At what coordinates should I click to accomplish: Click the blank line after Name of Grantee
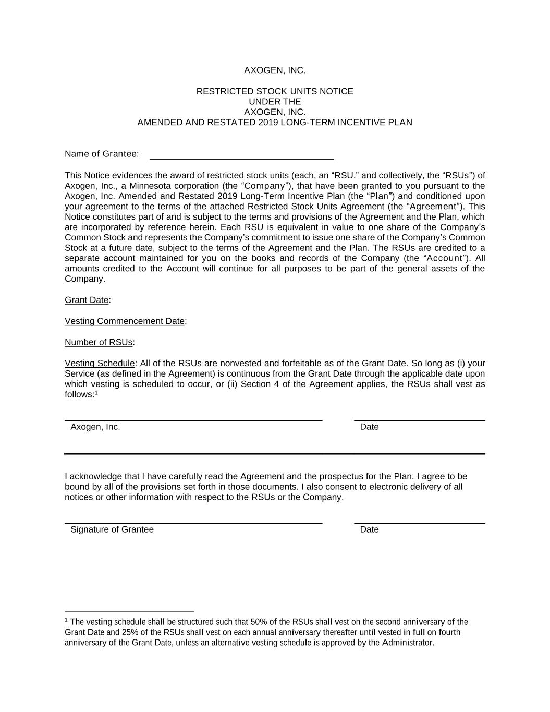pyautogui.click(x=241, y=157)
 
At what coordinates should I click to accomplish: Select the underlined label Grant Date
pyautogui.click(x=87, y=300)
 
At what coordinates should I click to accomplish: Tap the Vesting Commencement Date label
pyautogui.click(x=125, y=321)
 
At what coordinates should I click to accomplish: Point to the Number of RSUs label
pyautogui.click(x=99, y=343)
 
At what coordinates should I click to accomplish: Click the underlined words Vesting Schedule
pyautogui.click(x=100, y=364)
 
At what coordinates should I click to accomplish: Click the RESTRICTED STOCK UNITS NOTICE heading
pyautogui.click(x=275, y=92)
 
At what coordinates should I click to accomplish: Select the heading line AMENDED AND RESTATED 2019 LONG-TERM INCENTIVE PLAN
pyautogui.click(x=275, y=123)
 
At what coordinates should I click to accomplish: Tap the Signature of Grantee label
pyautogui.click(x=112, y=530)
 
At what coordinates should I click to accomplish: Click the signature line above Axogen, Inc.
pyautogui.click(x=193, y=420)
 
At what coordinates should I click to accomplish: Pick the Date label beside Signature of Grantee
pyautogui.click(x=369, y=530)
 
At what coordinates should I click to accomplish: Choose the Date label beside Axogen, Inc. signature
pyautogui.click(x=369, y=427)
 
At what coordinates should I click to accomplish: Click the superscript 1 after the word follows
pyautogui.click(x=96, y=393)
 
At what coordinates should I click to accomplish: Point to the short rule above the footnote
pyautogui.click(x=129, y=611)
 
